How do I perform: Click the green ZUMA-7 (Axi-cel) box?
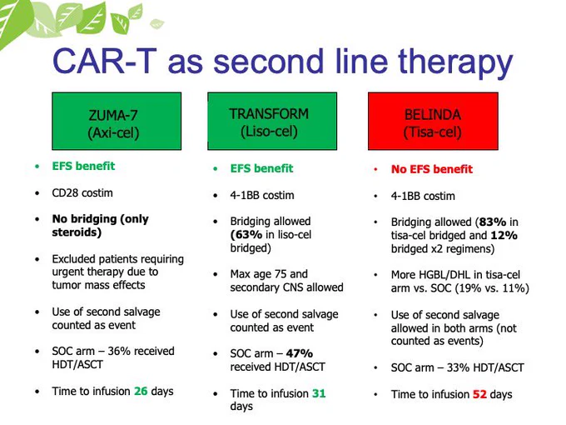point(117,121)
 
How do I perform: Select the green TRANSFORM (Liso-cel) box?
point(272,121)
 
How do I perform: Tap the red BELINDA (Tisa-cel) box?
point(433,121)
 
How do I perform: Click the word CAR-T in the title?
point(105,62)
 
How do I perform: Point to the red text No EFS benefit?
point(432,169)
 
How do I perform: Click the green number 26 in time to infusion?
point(141,391)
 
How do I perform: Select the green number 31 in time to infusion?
point(319,393)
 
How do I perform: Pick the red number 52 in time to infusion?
point(479,394)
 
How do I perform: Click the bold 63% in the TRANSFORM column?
point(246,234)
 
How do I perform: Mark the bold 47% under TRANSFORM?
point(300,353)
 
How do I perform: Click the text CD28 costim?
point(82,193)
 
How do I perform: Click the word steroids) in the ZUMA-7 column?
point(77,232)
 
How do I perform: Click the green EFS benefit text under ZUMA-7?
point(83,166)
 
